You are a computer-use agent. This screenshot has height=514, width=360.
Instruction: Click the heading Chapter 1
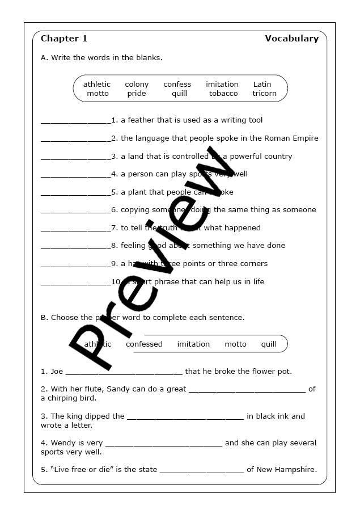pyautogui.click(x=64, y=39)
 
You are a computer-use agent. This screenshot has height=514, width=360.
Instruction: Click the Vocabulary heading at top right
pyautogui.click(x=291, y=39)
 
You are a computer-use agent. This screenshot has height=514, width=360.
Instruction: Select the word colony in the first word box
pyautogui.click(x=137, y=85)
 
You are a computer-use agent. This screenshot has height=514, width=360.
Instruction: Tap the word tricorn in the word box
pyautogui.click(x=264, y=94)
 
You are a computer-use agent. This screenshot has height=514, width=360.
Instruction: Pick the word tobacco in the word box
pyautogui.click(x=223, y=94)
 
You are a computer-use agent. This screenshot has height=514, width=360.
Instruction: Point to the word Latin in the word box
pyautogui.click(x=262, y=85)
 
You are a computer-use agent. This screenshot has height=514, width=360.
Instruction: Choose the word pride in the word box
pyautogui.click(x=137, y=94)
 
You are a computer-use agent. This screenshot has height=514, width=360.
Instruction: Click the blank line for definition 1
pyautogui.click(x=76, y=121)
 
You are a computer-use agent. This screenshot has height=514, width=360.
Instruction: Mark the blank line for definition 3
pyautogui.click(x=76, y=158)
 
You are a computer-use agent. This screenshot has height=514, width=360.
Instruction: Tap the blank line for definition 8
pyautogui.click(x=76, y=247)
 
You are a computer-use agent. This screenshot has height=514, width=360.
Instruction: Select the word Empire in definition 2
pyautogui.click(x=304, y=138)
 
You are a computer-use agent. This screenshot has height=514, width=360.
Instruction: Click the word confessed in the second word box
pyautogui.click(x=144, y=344)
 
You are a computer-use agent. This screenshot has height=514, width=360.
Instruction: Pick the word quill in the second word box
pyautogui.click(x=269, y=344)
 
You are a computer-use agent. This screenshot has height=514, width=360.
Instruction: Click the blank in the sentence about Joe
pyautogui.click(x=124, y=373)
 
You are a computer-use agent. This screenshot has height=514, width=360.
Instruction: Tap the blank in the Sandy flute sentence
pyautogui.click(x=247, y=390)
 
